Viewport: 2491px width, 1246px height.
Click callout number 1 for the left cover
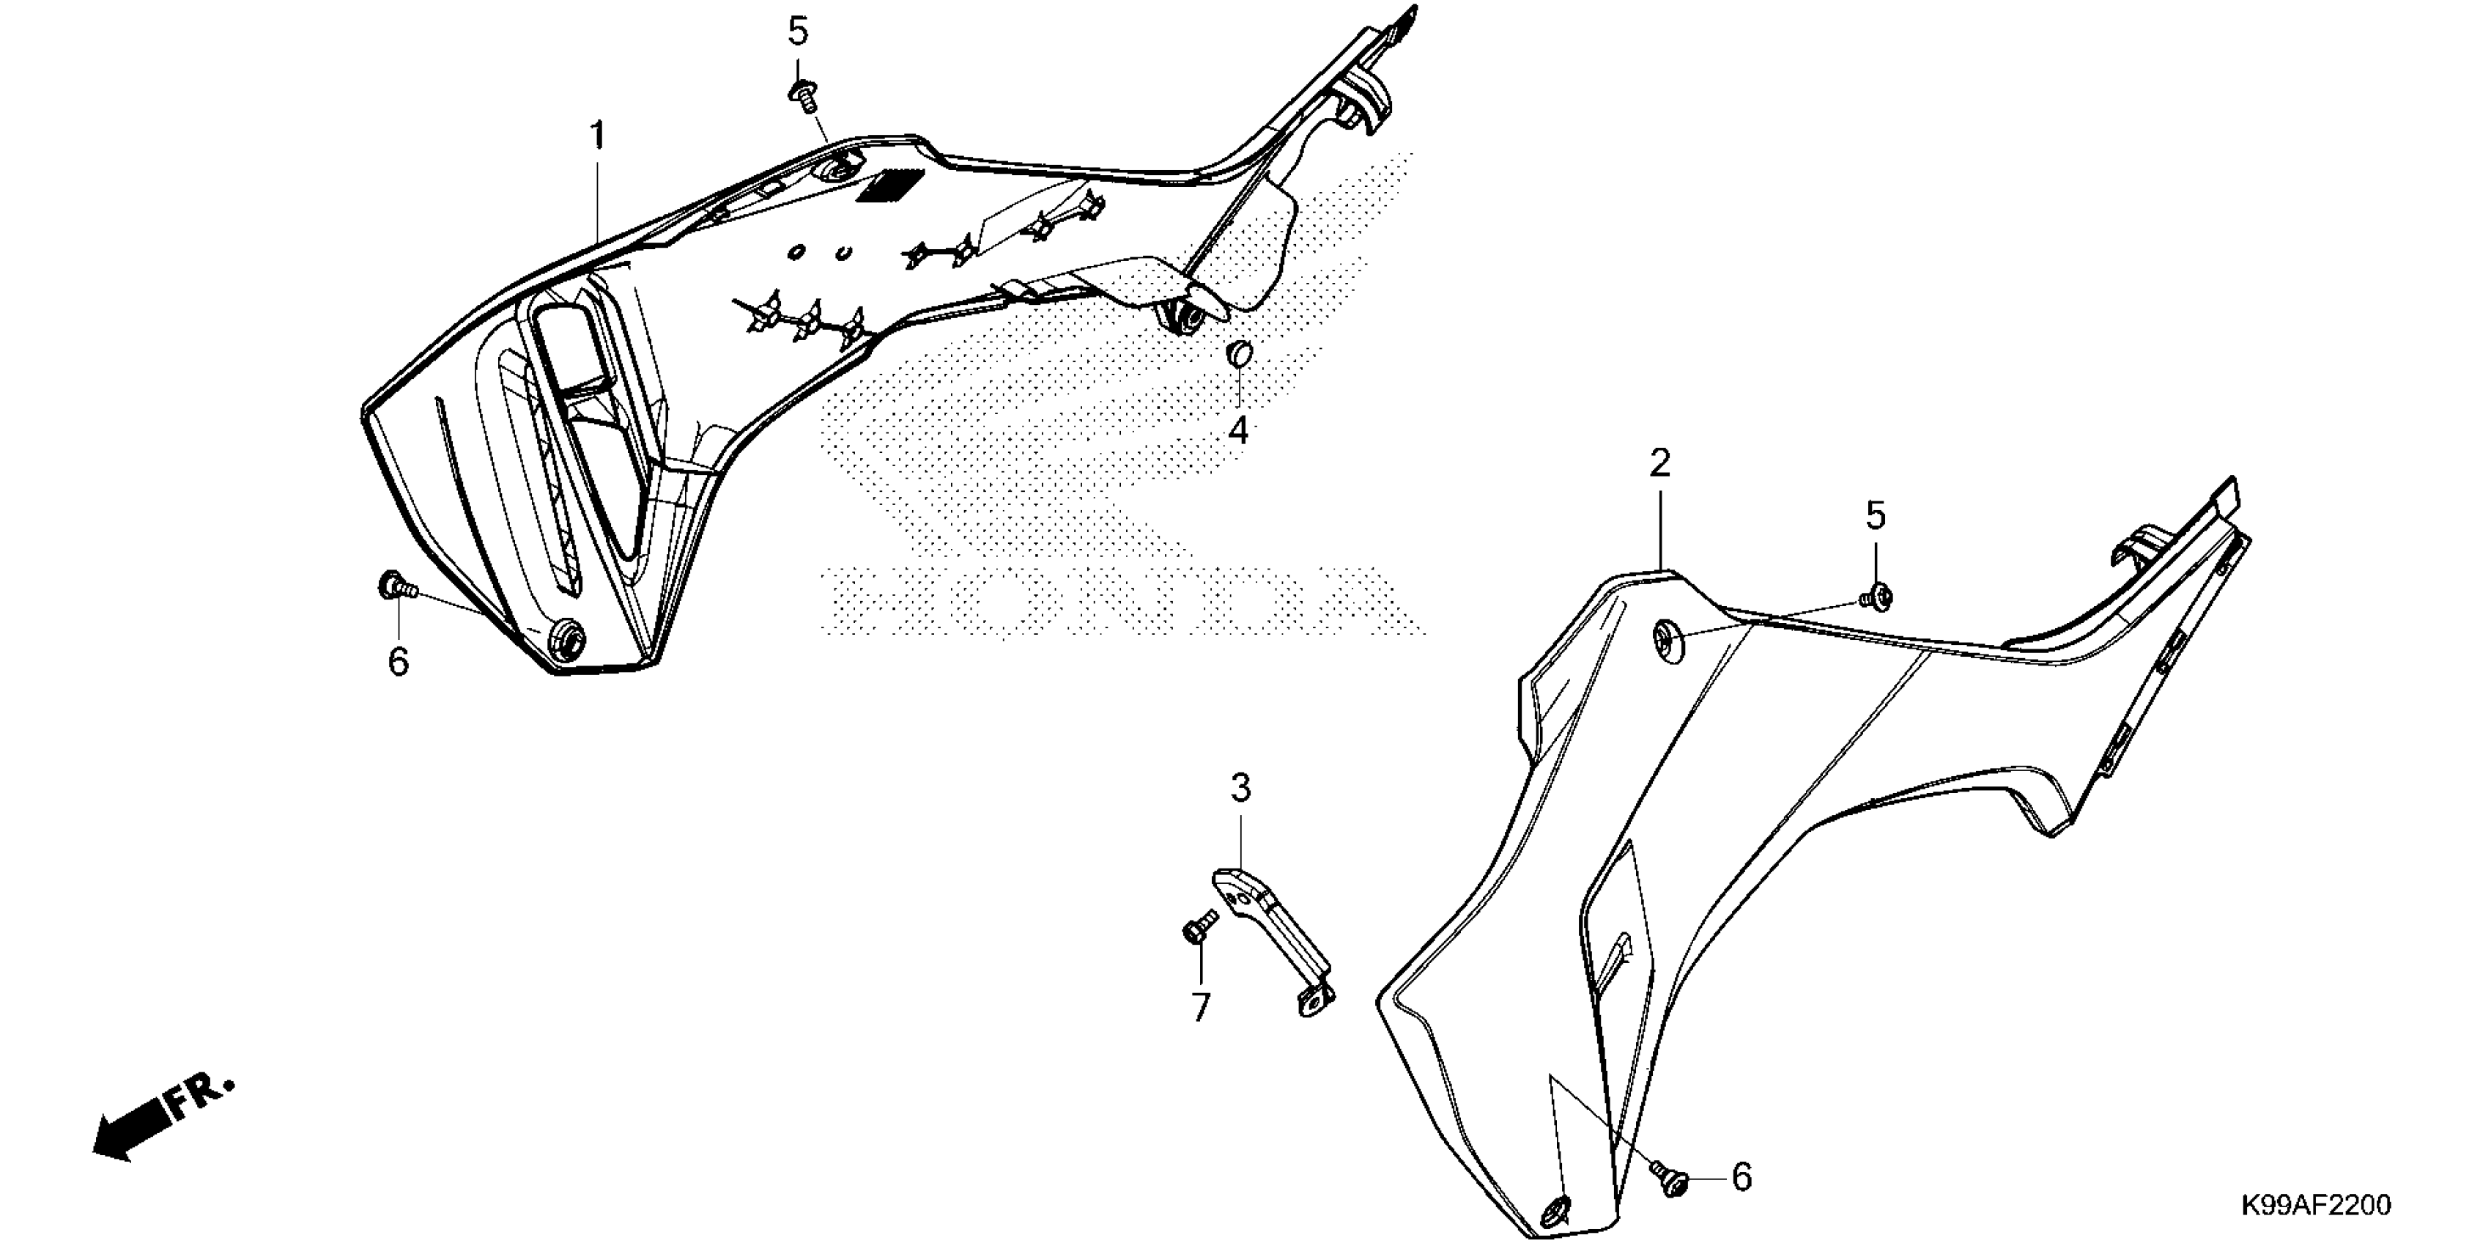[599, 136]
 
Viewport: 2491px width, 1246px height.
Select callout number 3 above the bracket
[1240, 789]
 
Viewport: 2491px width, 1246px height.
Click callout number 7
[1200, 1008]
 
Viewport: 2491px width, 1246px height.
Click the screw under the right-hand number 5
[1874, 597]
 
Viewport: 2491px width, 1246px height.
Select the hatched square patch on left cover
[889, 188]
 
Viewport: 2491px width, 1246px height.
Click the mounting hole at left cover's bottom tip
[565, 639]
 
